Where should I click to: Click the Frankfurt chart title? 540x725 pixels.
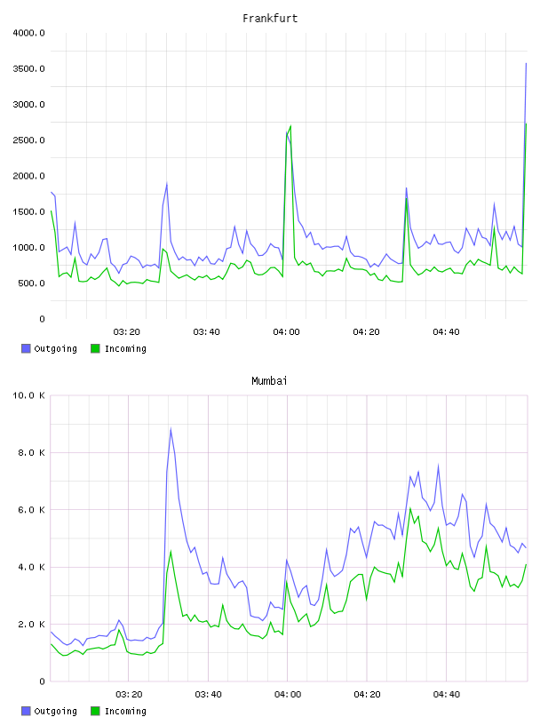click(270, 19)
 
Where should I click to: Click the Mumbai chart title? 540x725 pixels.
click(269, 381)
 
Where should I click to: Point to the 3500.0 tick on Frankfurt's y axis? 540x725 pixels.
click(28, 69)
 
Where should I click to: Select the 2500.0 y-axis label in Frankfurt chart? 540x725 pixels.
click(28, 140)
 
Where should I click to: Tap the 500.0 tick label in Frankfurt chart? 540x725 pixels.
click(31, 283)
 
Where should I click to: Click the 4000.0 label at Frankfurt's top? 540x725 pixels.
click(28, 33)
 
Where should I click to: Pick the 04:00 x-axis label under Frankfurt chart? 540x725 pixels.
click(286, 332)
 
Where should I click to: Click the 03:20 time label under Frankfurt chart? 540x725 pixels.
click(127, 332)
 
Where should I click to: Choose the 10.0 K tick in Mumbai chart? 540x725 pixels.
click(28, 395)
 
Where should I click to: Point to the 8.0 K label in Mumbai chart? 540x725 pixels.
click(31, 452)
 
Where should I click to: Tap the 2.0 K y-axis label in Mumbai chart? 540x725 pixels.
click(31, 625)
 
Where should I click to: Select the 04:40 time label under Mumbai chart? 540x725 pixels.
click(447, 695)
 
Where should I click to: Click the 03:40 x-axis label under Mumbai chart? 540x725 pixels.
click(208, 695)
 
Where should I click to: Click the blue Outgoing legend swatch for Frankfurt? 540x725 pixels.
click(26, 348)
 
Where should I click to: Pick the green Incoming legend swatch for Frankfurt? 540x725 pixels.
click(95, 348)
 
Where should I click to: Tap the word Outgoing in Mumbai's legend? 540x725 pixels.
click(55, 711)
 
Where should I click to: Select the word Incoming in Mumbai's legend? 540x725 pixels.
click(125, 711)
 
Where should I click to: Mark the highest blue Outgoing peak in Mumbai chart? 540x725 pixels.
click(171, 428)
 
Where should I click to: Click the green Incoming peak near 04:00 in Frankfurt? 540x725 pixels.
click(290, 126)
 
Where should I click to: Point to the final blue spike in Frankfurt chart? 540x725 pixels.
click(526, 63)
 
